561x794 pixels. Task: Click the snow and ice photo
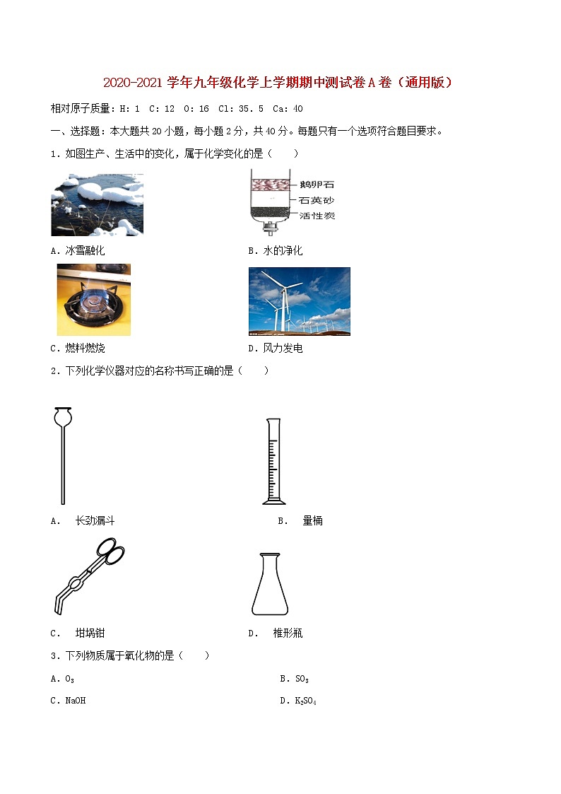tap(97, 204)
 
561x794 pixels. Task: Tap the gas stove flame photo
tap(93, 299)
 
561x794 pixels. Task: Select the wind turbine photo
tap(299, 300)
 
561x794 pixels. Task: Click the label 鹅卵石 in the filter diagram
tap(317, 185)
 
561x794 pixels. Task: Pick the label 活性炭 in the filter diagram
tap(317, 215)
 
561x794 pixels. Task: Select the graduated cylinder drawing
tap(273, 461)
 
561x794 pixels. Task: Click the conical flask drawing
tap(270, 585)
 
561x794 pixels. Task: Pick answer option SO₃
tap(302, 679)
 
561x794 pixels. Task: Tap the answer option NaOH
tap(76, 701)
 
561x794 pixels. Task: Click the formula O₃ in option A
tap(69, 679)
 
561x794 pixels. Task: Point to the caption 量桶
tap(312, 520)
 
